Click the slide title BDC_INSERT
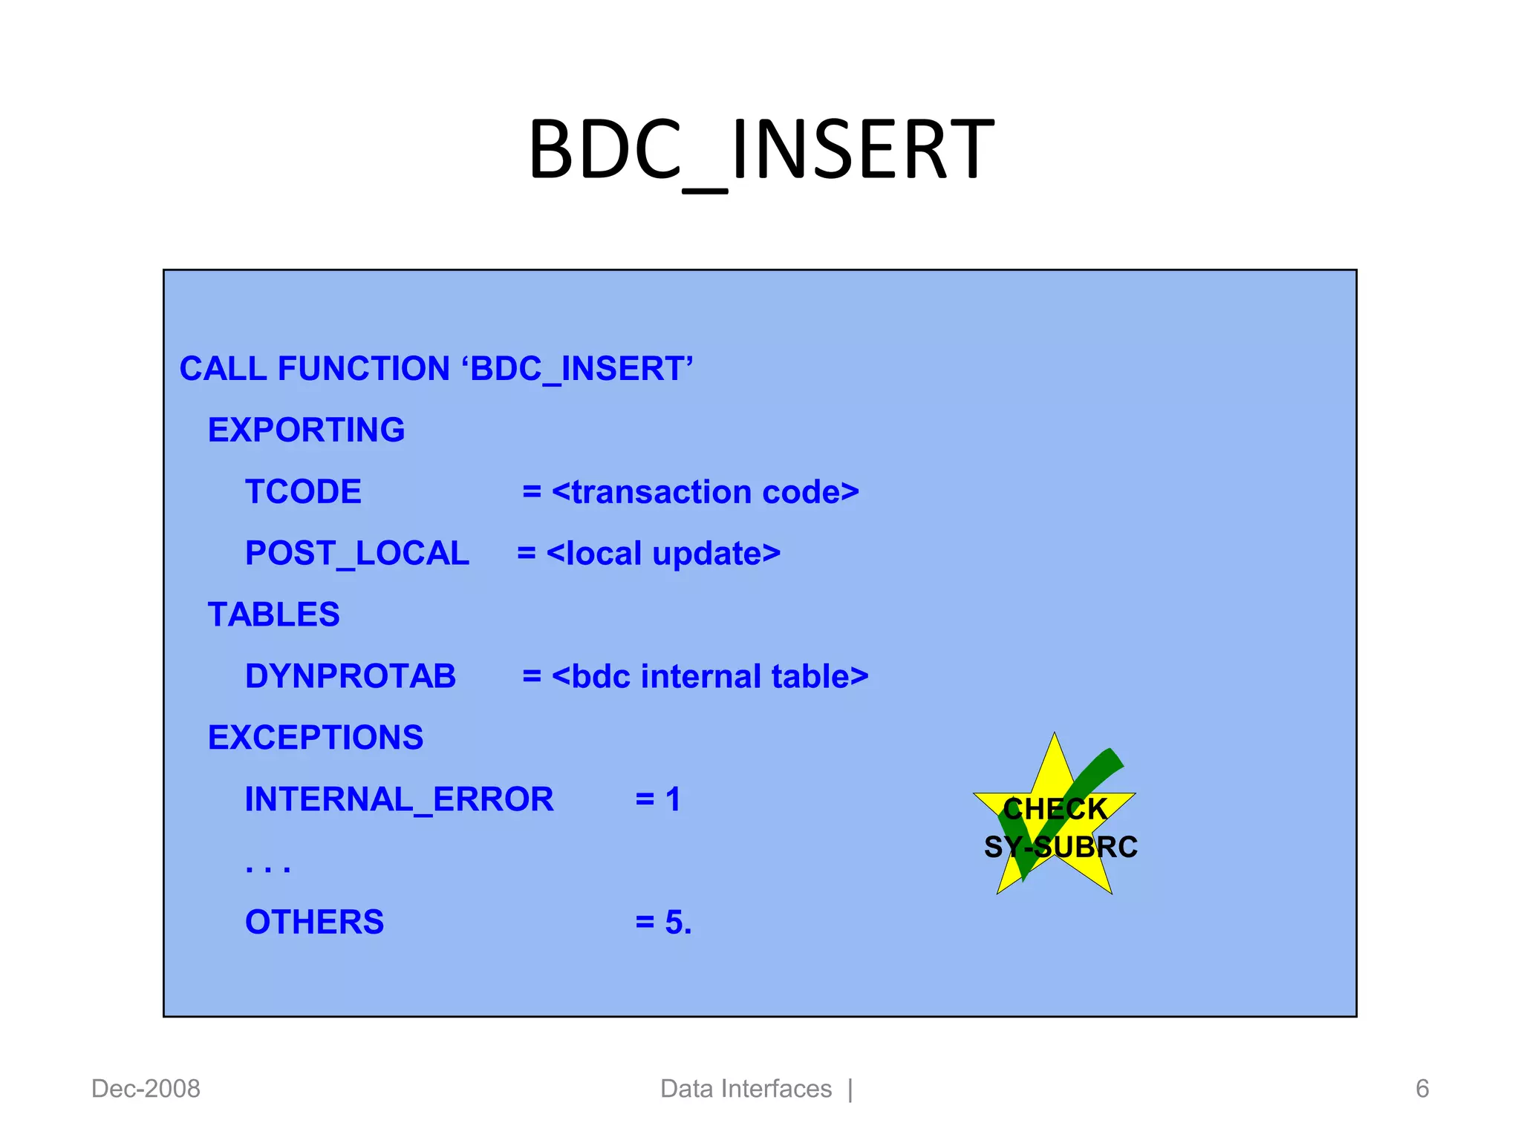[x=760, y=151]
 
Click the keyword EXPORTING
[x=306, y=430]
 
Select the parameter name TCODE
[x=303, y=492]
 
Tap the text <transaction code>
[x=705, y=492]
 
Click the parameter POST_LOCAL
[x=356, y=554]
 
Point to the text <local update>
[x=663, y=554]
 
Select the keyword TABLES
[x=273, y=615]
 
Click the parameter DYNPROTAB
[x=350, y=676]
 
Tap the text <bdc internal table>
[x=709, y=676]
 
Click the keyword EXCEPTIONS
[x=315, y=738]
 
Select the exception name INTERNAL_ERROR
[x=399, y=799]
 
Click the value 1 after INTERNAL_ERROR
[x=672, y=799]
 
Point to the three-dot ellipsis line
[x=267, y=867]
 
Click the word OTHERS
[x=314, y=923]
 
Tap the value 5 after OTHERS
[x=674, y=923]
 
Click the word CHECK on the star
[x=1055, y=809]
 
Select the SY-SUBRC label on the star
[x=1061, y=847]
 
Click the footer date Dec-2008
[x=146, y=1089]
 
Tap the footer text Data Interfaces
[x=746, y=1089]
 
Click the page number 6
[x=1421, y=1089]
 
